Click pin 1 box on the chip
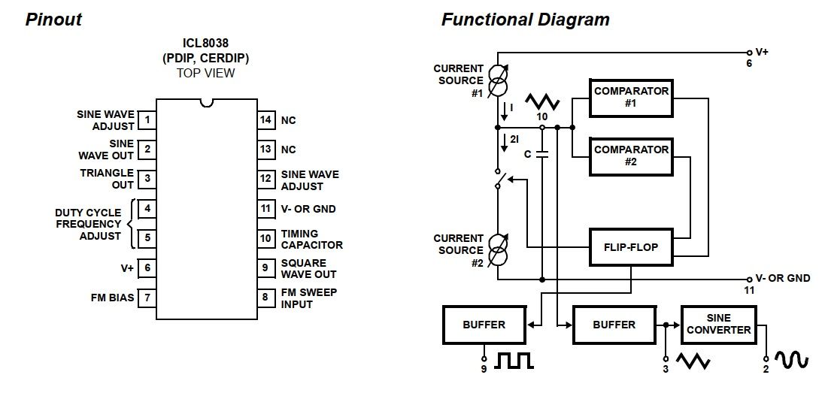pos(147,120)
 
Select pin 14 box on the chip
pos(265,120)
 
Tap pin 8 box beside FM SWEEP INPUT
pos(265,298)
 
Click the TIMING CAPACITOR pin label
pos(311,239)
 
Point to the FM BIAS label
pos(112,298)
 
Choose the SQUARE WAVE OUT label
pos(308,268)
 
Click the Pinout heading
pos(53,20)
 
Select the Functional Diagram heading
pos(525,20)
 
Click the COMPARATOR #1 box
pos(631,97)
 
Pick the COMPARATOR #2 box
pos(631,156)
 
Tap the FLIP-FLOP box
pos(631,246)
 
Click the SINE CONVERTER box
pos(718,324)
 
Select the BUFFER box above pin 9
pos(484,325)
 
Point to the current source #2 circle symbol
pos(497,249)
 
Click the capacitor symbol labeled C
pos(542,154)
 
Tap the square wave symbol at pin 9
pos(514,361)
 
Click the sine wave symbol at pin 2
pos(793,361)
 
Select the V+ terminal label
pos(762,52)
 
